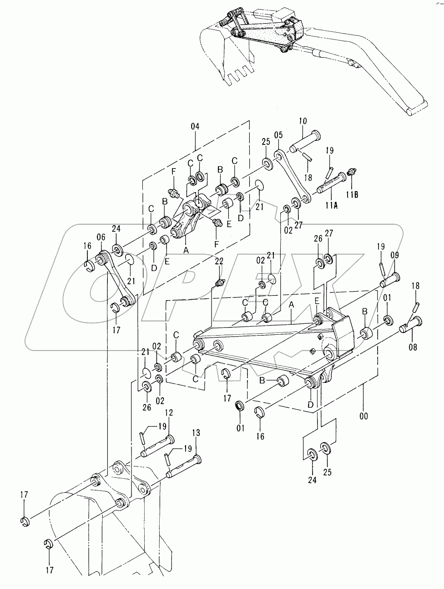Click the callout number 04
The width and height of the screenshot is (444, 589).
195,126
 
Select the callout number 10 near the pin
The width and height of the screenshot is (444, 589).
303,121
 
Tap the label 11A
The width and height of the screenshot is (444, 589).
332,206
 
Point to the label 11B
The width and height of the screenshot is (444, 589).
352,195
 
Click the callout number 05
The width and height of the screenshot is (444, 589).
278,135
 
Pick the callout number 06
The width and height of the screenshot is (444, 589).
101,237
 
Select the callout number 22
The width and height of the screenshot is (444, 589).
219,262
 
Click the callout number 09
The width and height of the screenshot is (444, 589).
394,255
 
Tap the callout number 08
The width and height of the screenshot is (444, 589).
413,347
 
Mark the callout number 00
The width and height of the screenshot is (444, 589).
363,416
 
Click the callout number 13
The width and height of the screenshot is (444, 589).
196,433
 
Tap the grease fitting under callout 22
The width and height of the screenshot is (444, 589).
220,282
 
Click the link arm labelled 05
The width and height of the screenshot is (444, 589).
293,177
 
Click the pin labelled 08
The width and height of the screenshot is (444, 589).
411,325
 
